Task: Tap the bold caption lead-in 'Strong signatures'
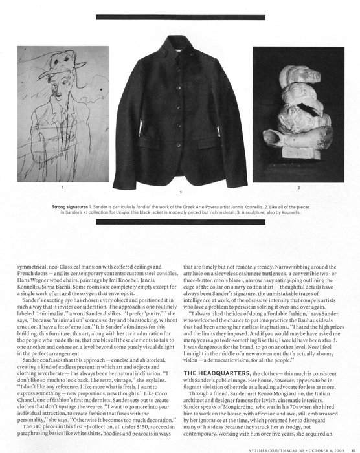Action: coord(69,206)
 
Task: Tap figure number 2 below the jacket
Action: coord(180,192)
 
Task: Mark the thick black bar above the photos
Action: coord(180,17)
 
